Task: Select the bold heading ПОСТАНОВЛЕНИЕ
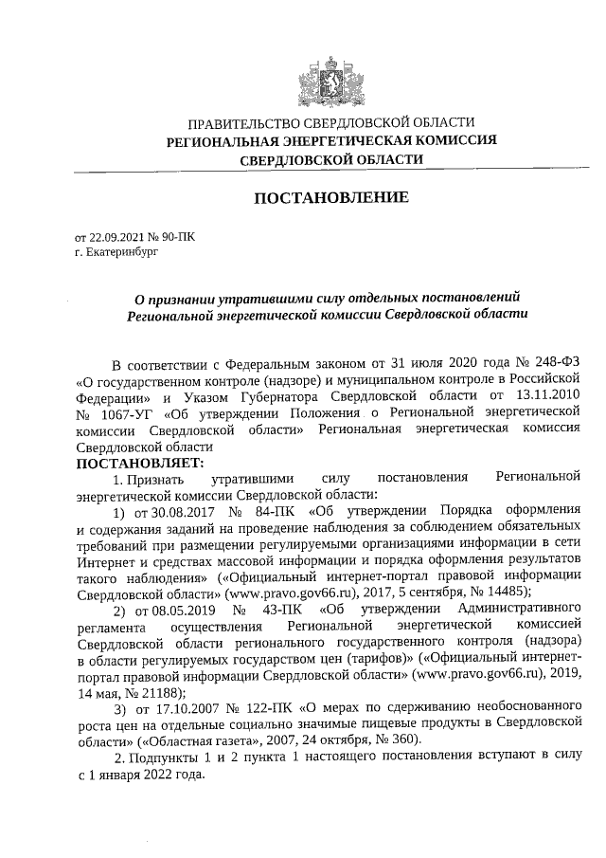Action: click(x=330, y=198)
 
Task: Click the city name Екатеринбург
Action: click(x=119, y=253)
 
